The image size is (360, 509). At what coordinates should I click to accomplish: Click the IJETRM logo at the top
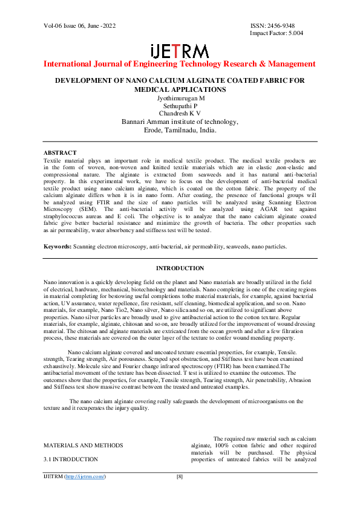point(180,51)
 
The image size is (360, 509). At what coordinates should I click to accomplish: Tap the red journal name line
point(180,64)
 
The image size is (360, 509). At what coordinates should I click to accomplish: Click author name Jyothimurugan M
point(180,98)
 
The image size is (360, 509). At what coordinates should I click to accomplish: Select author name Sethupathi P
point(180,106)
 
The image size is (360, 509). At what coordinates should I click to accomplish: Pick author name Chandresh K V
point(180,114)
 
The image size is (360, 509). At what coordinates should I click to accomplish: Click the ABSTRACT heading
point(61,152)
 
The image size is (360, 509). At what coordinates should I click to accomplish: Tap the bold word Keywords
point(57,247)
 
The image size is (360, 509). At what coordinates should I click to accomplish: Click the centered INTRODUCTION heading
point(180,268)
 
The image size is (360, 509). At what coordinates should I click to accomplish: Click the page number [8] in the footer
point(180,477)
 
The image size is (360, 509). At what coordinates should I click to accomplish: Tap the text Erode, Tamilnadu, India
point(180,130)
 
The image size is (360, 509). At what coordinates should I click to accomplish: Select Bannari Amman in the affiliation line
point(144,122)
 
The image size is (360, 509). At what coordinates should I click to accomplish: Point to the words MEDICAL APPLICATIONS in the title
point(180,89)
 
